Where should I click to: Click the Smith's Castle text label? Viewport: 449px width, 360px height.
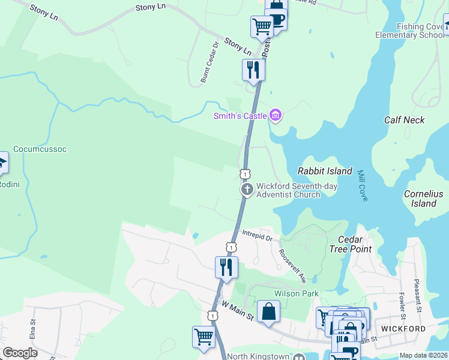240,115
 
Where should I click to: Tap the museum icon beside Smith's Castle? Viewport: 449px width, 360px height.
276,115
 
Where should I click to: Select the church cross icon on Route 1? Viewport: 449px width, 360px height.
247,190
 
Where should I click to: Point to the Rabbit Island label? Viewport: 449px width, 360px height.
325,171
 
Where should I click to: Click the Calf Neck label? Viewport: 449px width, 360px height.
405,120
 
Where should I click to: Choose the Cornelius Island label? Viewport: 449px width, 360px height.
423,199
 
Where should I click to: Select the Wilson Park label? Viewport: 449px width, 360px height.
296,293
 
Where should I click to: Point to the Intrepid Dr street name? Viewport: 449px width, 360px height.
258,235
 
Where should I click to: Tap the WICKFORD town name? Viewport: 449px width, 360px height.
403,329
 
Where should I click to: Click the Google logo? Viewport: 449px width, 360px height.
20,352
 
